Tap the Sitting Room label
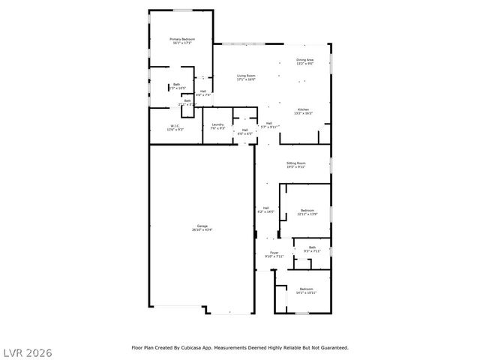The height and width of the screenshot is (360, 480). click(x=296, y=164)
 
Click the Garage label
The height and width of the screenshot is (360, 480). click(x=202, y=226)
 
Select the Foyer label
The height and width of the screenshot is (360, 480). click(x=274, y=253)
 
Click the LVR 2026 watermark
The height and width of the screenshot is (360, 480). click(x=27, y=351)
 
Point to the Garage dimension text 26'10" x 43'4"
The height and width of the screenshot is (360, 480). click(x=202, y=229)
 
